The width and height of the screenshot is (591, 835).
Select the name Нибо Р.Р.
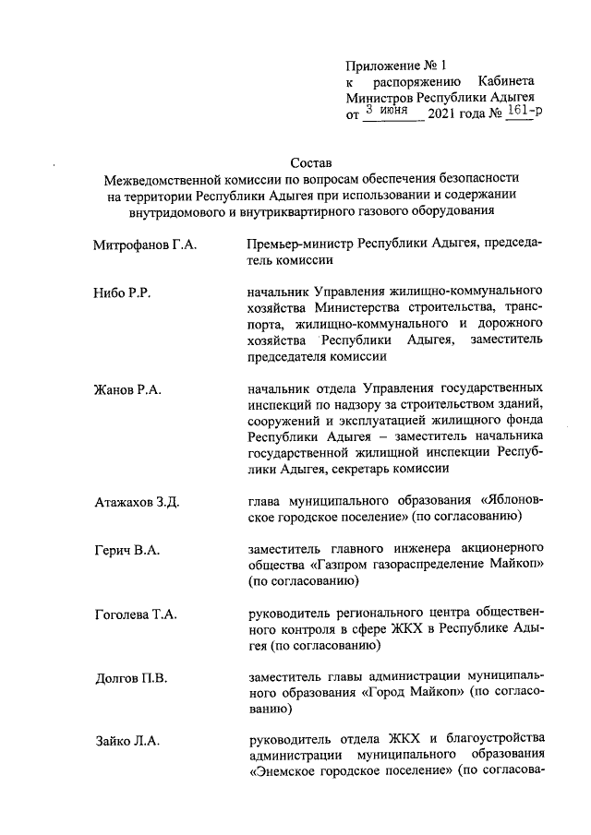122,293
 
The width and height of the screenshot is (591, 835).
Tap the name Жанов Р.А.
128,390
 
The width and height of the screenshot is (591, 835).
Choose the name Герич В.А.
127,551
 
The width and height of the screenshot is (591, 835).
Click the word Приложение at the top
382,66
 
